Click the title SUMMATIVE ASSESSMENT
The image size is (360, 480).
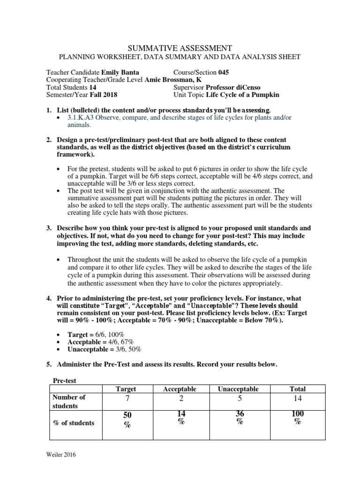point(180,47)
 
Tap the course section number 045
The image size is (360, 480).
point(224,73)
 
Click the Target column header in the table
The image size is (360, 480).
point(126,389)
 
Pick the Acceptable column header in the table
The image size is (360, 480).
point(180,389)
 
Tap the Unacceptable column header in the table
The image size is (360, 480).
point(238,389)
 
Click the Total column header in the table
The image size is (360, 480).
point(298,389)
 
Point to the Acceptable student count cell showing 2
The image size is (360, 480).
point(180,399)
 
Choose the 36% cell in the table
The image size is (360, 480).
point(240,417)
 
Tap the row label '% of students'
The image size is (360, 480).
point(74,423)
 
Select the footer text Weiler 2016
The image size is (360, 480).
point(61,454)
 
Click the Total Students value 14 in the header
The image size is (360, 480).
point(92,87)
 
